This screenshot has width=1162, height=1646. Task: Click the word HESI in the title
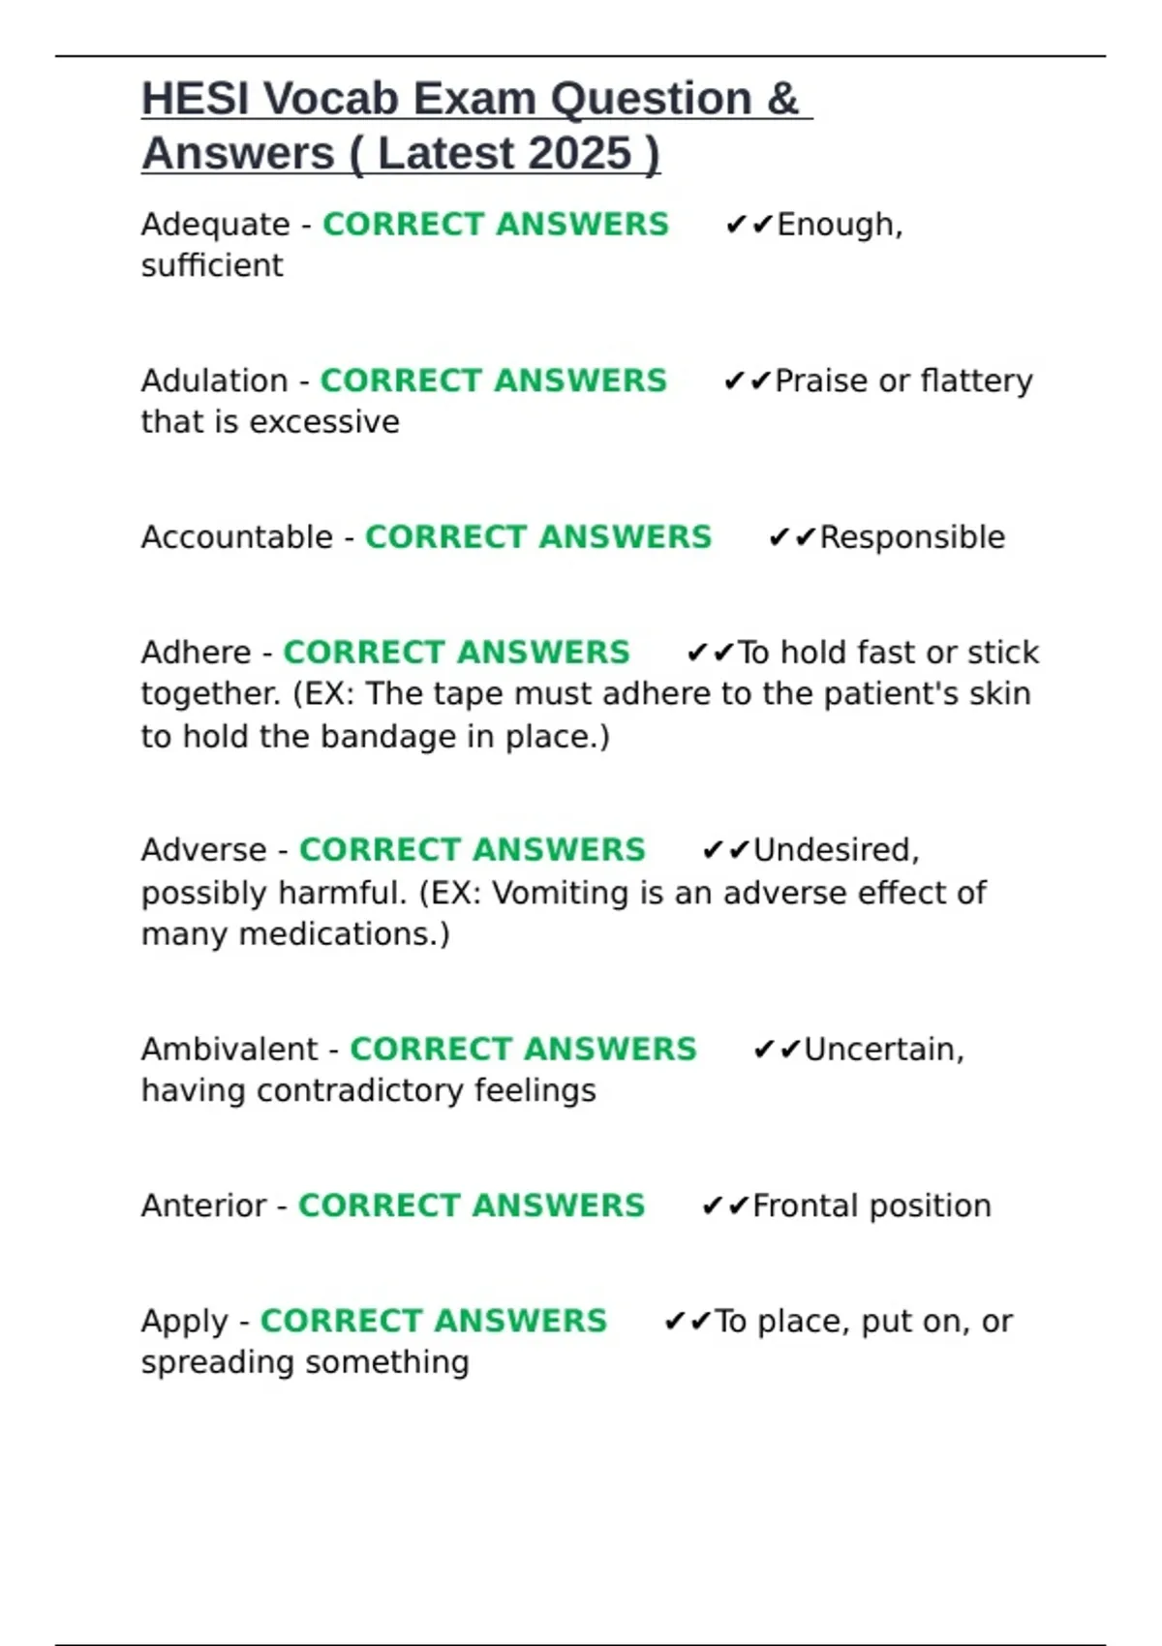pos(195,99)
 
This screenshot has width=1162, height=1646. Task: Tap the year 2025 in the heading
pos(580,153)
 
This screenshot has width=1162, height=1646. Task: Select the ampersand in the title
pos(782,99)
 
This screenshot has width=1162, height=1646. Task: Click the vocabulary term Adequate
pos(215,225)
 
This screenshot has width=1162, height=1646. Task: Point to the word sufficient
pos(212,265)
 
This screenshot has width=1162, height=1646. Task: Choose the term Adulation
pos(214,381)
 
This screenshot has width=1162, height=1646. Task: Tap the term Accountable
pos(236,537)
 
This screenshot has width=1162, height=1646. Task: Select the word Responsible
pos(912,537)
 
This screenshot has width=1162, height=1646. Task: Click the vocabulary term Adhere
pos(196,653)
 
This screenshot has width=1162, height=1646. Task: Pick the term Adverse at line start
pos(203,850)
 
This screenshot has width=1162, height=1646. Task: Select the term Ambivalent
pos(229,1050)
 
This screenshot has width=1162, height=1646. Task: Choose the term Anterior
pos(203,1206)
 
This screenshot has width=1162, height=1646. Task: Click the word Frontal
pos(807,1206)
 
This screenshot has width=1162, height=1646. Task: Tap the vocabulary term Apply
pos(184,1322)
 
